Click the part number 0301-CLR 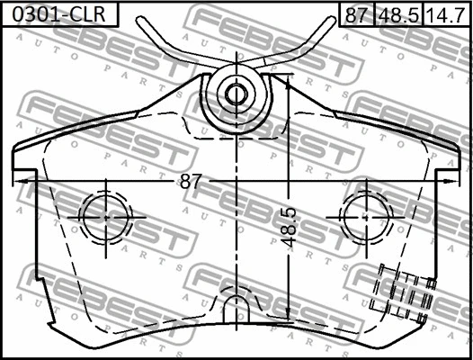58,14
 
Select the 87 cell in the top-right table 357,14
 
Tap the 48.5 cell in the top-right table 398,14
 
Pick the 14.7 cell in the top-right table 446,14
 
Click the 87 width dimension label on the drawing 190,182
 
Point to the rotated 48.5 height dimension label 289,228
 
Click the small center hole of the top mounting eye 236,94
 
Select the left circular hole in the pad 105,218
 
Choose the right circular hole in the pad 366,218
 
